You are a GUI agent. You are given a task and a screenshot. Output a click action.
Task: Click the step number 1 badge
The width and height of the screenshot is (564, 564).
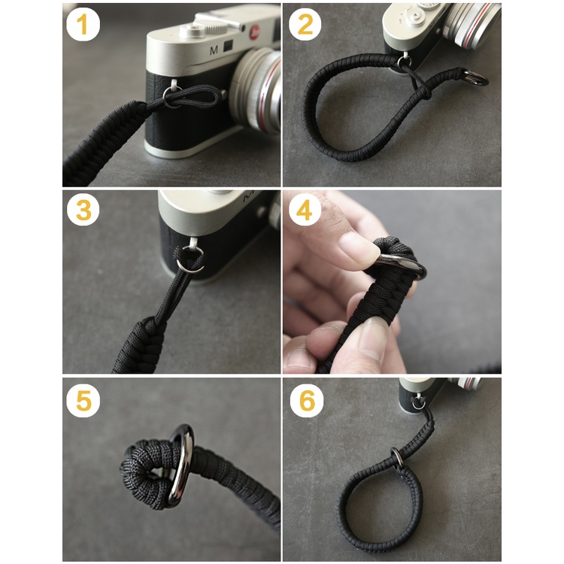point(83,25)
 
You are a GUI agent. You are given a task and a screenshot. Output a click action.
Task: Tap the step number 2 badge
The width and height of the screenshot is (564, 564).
point(305,25)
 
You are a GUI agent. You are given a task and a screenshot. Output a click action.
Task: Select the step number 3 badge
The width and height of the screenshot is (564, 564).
point(83,210)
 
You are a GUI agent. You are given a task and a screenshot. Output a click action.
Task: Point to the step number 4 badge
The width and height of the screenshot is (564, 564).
point(305,210)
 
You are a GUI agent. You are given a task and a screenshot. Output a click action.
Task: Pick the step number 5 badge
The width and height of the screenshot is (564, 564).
point(83,400)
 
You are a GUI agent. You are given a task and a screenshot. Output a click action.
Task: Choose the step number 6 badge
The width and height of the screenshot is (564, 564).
point(307,400)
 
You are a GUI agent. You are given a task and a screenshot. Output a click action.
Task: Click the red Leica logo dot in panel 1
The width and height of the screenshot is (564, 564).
point(255,32)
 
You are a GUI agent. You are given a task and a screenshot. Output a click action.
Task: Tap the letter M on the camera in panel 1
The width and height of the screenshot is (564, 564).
point(214,50)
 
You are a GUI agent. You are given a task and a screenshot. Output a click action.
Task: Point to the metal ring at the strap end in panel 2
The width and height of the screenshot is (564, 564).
point(476,77)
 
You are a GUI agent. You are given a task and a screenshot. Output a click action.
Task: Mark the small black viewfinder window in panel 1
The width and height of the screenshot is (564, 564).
point(228,46)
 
